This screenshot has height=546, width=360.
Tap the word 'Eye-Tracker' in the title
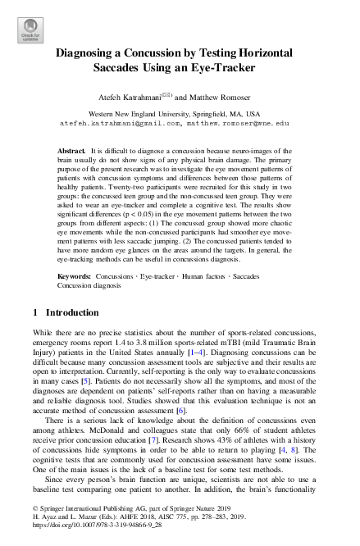coord(226,67)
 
